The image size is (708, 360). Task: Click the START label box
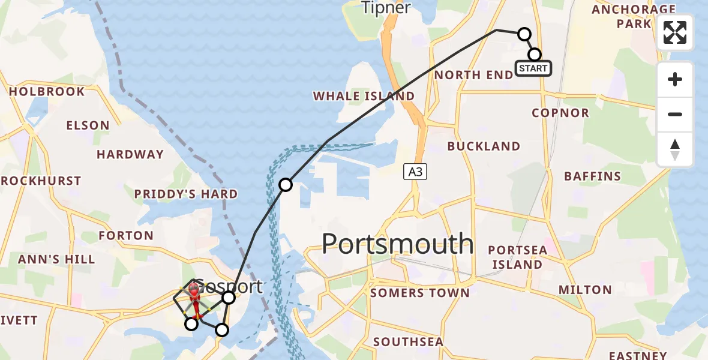(533, 68)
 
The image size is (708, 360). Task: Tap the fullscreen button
(675, 32)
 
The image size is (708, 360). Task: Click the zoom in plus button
(675, 79)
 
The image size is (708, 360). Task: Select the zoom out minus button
(675, 114)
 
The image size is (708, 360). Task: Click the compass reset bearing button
(675, 149)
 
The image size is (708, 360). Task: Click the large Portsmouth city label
(398, 244)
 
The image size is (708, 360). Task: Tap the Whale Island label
(364, 96)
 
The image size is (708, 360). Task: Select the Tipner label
(386, 8)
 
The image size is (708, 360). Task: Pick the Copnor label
(560, 113)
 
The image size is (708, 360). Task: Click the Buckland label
(484, 146)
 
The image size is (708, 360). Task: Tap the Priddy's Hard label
(185, 194)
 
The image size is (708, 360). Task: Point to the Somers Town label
(420, 293)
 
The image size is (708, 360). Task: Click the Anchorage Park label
(634, 16)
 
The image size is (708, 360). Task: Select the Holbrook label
(47, 92)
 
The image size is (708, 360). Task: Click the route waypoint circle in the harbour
(286, 185)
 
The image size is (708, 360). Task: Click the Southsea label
(408, 342)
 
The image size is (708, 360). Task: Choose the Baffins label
(592, 176)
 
